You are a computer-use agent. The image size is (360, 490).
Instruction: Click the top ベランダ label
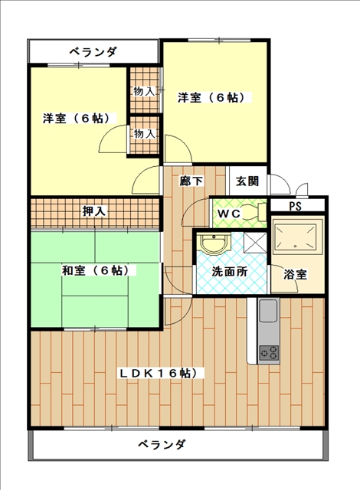coord(93,51)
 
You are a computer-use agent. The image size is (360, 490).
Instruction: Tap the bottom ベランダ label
coord(162,444)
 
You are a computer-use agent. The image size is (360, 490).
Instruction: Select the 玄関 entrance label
coord(247,181)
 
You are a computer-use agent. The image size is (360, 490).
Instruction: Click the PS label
coord(295,206)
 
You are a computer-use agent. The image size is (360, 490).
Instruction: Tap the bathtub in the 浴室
coord(297,237)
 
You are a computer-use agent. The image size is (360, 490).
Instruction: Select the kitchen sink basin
coord(268,310)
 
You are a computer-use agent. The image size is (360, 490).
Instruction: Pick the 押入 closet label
coord(94,211)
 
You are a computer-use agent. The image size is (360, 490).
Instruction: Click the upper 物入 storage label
coord(144,92)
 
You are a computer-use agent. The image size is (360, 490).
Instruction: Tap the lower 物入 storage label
coord(144,134)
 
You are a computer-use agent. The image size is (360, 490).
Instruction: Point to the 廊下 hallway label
coord(191,181)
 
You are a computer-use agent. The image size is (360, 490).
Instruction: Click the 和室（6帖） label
coord(96,270)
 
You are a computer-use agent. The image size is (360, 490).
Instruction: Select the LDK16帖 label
coord(162,373)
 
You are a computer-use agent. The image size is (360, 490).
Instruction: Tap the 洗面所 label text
coord(229,272)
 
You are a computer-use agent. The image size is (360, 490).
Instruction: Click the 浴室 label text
coord(295,275)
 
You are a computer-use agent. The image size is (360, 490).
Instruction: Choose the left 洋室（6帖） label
coord(77,119)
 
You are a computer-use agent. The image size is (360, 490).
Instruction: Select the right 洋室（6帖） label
coord(211,98)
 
